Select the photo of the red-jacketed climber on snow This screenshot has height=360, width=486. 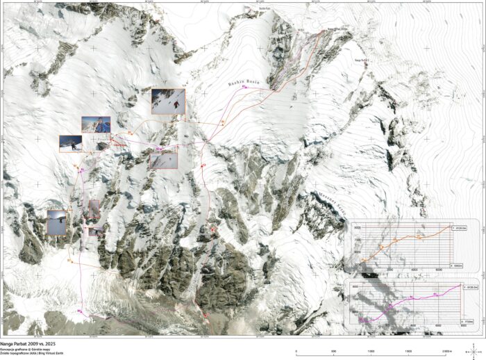pyautogui.click(x=168, y=101)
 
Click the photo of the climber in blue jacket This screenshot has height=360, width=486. pyautogui.click(x=96, y=124)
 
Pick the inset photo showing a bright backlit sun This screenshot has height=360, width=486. pyautogui.click(x=56, y=222)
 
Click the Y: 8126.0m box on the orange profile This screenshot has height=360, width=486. pyautogui.click(x=461, y=228)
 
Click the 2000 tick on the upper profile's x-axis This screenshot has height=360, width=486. pyautogui.click(x=389, y=270)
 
